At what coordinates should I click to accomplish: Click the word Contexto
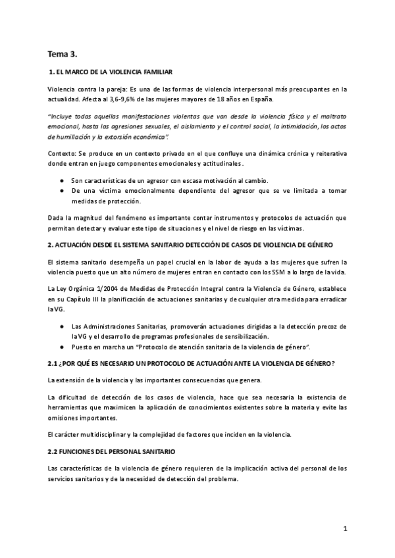(61, 153)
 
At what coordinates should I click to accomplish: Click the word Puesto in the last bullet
(82, 346)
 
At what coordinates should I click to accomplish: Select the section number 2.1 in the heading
(54, 363)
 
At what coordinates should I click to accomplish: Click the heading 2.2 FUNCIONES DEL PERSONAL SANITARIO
(111, 451)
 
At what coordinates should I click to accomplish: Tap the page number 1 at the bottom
(345, 528)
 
